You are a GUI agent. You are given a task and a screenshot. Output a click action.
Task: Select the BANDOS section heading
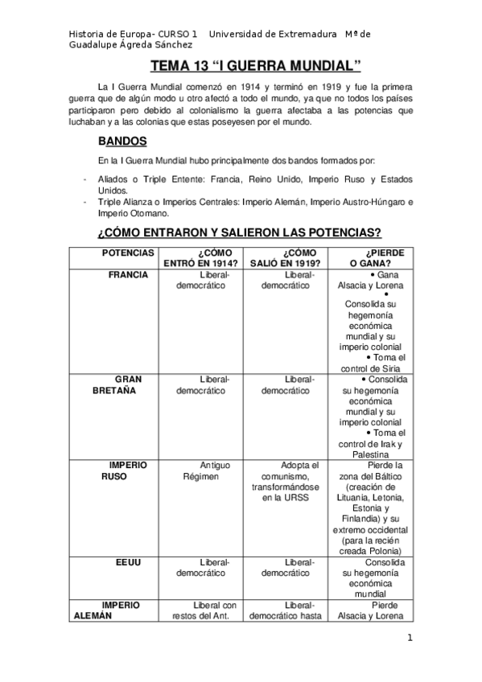point(121,140)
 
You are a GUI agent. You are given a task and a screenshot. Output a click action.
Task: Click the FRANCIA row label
point(128,274)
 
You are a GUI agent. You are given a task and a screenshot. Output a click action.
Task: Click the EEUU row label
point(128,562)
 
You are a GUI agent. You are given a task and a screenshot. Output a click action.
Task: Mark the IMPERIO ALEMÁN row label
point(120,610)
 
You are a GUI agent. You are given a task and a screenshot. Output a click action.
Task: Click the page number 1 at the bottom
point(410,639)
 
